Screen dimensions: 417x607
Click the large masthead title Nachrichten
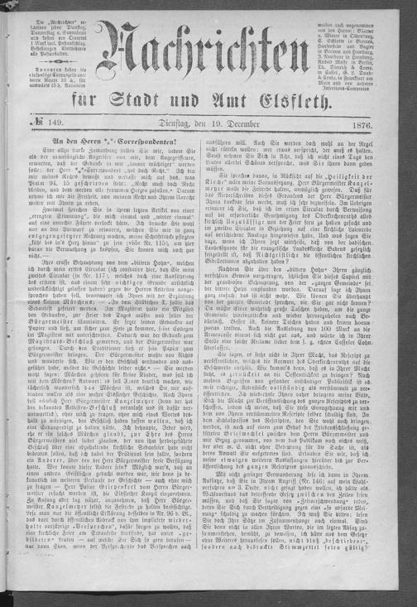[208, 57]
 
